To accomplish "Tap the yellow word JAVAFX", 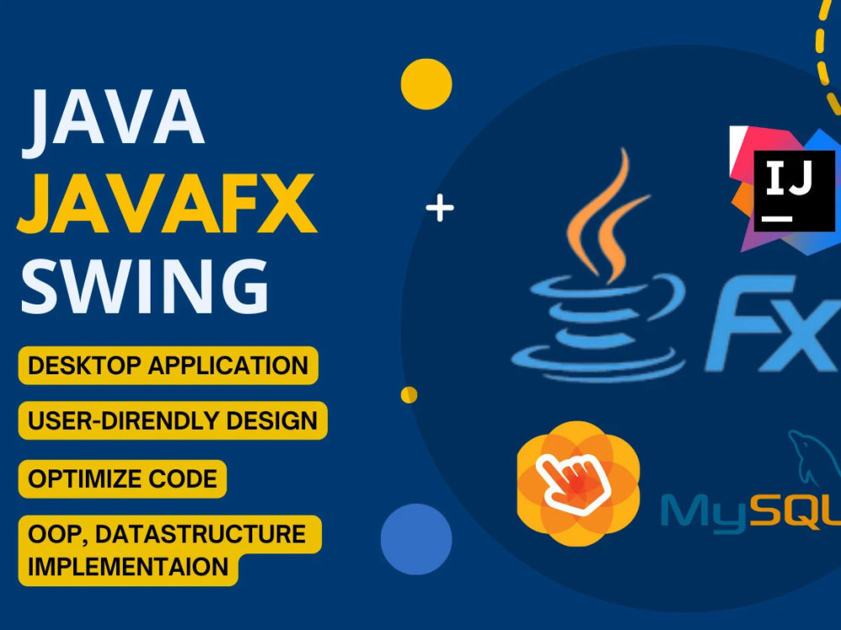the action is pyautogui.click(x=167, y=204).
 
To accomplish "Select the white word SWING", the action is pyautogui.click(x=145, y=286).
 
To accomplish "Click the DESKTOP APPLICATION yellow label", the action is pyautogui.click(x=168, y=365).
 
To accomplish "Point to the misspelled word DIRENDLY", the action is pyautogui.click(x=159, y=421).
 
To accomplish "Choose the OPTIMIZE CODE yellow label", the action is pyautogui.click(x=122, y=479).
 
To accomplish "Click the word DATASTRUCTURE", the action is pyautogui.click(x=201, y=534).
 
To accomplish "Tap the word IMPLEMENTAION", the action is pyautogui.click(x=128, y=567).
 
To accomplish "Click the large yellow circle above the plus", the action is pyautogui.click(x=426, y=84).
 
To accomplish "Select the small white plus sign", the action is pyautogui.click(x=440, y=208).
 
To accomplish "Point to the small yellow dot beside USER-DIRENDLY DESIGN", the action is pyautogui.click(x=409, y=395).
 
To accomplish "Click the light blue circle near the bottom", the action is pyautogui.click(x=416, y=539).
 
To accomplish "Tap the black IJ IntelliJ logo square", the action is pyautogui.click(x=795, y=191).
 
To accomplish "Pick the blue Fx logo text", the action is pyautogui.click(x=773, y=324).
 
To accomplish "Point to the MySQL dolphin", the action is pyautogui.click(x=812, y=458).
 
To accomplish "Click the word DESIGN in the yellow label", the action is pyautogui.click(x=272, y=421).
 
